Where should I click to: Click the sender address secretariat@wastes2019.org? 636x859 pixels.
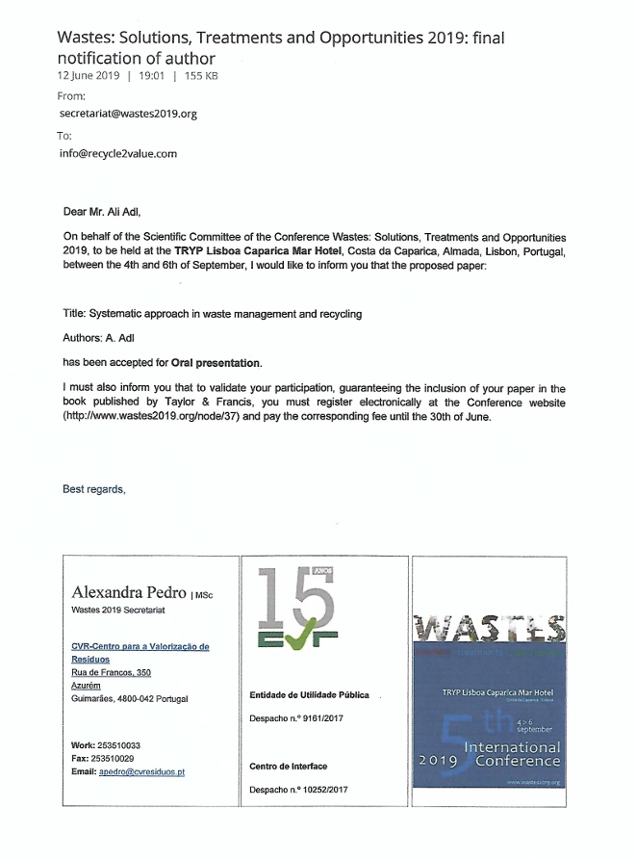(128, 113)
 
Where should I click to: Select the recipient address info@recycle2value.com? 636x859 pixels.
(117, 153)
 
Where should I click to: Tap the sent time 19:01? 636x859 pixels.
(152, 75)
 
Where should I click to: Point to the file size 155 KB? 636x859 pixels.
(201, 75)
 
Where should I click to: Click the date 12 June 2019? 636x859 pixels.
(89, 75)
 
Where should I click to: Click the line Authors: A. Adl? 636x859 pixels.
(101, 339)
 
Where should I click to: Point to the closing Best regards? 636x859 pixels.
(94, 489)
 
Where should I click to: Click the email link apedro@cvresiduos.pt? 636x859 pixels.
(142, 771)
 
